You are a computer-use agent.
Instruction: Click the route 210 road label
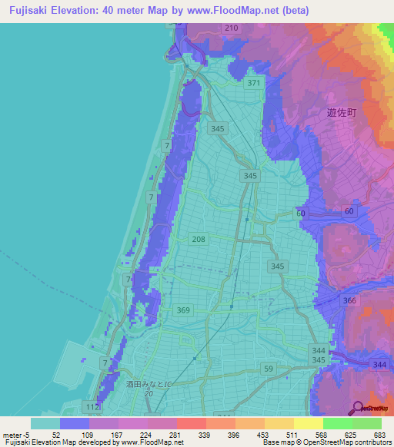pos(232,28)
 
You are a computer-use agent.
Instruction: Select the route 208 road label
pos(199,240)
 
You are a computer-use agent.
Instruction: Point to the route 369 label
pos(183,310)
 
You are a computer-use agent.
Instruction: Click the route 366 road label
pos(349,301)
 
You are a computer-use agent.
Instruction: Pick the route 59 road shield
pos(269,369)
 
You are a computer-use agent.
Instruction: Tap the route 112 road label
pos(92,407)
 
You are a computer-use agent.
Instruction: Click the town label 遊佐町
pos(342,112)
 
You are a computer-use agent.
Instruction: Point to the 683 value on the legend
pos(378,434)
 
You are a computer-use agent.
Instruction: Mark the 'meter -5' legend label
pos(15,434)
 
